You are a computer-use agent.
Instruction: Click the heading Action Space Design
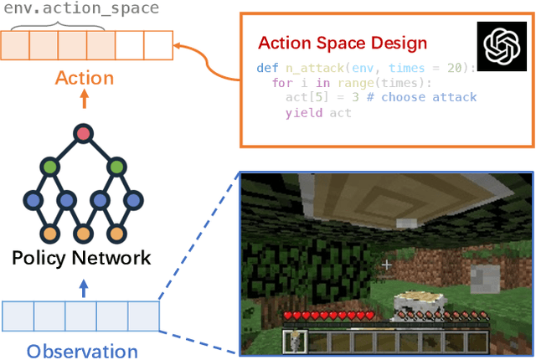(343, 43)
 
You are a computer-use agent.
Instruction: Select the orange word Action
(84, 79)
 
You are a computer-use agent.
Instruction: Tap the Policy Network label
(82, 258)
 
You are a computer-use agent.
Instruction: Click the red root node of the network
(82, 133)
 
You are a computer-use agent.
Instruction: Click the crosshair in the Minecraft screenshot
(386, 265)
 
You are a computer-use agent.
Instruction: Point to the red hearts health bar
(328, 316)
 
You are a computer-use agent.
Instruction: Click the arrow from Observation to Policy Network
(82, 287)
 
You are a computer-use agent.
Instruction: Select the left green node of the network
(50, 167)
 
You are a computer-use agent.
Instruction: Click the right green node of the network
(116, 167)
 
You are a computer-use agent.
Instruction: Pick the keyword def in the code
(268, 68)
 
